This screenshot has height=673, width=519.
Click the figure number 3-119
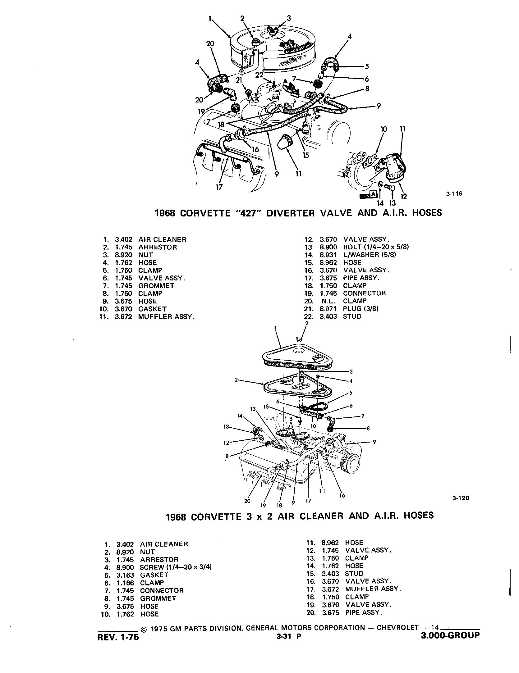coord(454,194)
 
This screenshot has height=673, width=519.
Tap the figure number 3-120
coord(461,498)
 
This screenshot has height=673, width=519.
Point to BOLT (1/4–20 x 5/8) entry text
coord(376,247)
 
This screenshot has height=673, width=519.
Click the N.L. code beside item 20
coord(328,301)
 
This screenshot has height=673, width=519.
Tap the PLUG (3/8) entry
coord(361,309)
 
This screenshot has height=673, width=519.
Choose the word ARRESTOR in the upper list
coord(158,247)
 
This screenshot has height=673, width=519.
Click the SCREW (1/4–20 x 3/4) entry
coord(176,567)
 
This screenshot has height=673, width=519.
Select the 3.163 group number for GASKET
coord(125,575)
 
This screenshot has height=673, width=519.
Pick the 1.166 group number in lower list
coord(125,583)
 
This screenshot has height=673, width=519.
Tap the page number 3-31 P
coord(289,637)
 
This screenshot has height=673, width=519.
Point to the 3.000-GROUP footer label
coord(450,635)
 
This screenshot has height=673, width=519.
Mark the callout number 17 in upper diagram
coord(219,187)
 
